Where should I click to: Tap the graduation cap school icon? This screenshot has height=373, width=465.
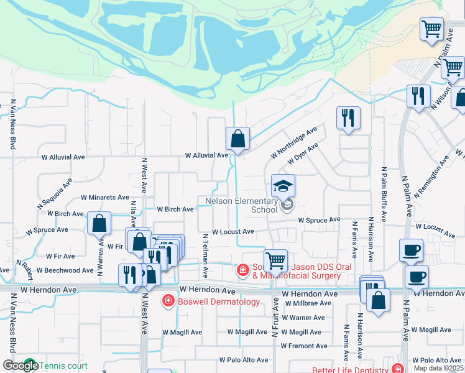[283, 186]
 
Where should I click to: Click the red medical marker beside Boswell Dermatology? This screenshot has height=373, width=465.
[167, 302]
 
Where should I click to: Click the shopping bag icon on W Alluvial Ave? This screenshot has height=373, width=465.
[237, 139]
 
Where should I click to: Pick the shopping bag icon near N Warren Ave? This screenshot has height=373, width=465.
[99, 223]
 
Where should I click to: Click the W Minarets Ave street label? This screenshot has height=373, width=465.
[105, 198]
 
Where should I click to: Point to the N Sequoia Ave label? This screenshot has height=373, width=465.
[55, 193]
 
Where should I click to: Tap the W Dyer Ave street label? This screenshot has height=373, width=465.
[303, 153]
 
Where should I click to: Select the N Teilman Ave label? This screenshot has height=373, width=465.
[205, 248]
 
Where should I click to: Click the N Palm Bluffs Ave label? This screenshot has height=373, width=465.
[384, 195]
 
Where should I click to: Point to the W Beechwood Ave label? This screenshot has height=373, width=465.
[65, 270]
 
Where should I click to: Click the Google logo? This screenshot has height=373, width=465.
[21, 366]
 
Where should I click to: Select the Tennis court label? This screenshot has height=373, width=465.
[64, 366]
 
